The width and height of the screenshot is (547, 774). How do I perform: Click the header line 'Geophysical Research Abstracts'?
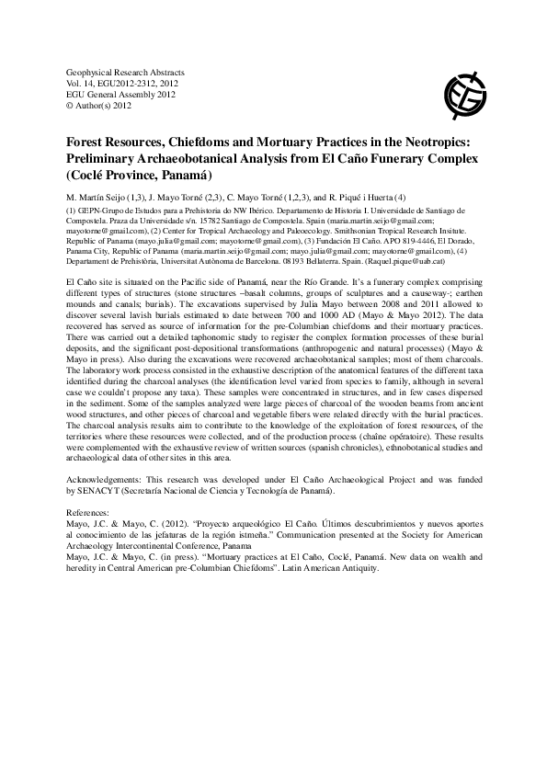127,71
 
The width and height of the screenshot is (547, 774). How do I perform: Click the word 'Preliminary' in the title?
109,159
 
